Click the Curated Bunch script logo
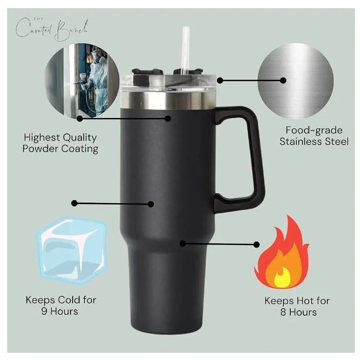51,29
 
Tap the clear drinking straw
185,50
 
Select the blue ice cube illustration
71,250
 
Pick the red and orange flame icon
282,253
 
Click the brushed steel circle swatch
296,81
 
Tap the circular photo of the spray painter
82,81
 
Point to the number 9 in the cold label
44,311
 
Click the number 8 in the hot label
283,312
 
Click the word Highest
41,138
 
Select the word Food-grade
314,131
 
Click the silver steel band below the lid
168,100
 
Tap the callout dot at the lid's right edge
220,80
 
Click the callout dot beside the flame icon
257,244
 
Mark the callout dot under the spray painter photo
80,118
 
